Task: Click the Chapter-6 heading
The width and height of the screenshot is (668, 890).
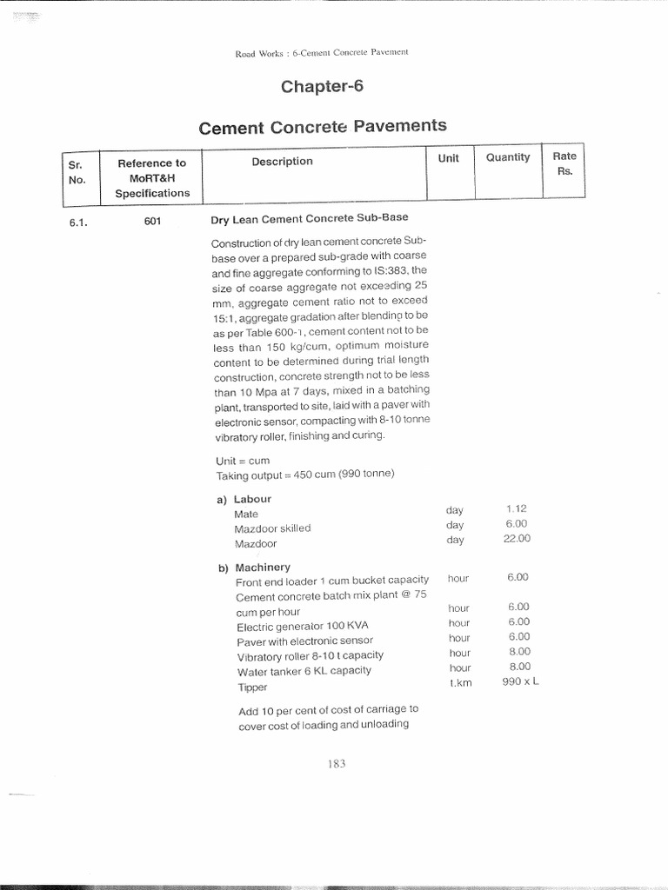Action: pos(321,86)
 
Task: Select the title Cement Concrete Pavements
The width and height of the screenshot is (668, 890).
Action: pos(323,128)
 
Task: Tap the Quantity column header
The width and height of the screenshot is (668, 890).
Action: pos(508,157)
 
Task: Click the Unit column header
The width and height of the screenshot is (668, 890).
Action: pos(448,158)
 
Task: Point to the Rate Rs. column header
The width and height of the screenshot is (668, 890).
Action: pos(564,163)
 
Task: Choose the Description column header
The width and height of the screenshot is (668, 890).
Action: pos(282,161)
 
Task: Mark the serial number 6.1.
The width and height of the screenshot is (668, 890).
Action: pos(79,222)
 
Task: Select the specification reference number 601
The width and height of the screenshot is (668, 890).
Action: pos(152,222)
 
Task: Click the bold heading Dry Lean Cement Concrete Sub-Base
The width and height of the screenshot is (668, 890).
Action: pos(309,217)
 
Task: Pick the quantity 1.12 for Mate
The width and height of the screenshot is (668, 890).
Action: pos(516,508)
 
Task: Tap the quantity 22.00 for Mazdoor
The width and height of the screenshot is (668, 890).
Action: pos(516,539)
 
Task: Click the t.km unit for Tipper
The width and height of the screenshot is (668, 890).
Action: pos(459,683)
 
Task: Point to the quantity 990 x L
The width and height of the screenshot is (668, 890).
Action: pos(520,682)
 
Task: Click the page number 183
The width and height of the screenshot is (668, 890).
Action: pos(337,763)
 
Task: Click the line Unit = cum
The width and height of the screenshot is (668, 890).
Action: pos(243,461)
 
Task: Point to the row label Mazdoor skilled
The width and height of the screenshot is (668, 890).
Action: pos(272,528)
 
